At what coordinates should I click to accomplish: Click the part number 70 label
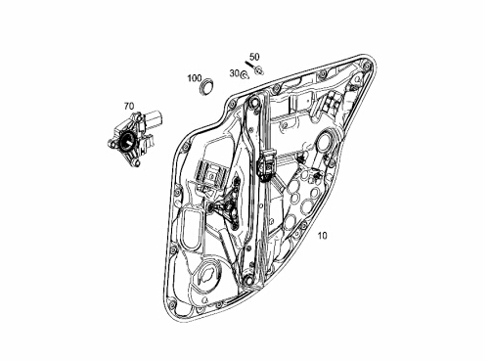(x=129, y=106)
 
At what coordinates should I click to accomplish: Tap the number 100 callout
(x=195, y=78)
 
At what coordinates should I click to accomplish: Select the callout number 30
(x=234, y=73)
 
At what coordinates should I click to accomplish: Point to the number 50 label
(x=255, y=57)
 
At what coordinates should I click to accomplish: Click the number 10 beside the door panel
(x=322, y=236)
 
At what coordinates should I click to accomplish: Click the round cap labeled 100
(x=206, y=87)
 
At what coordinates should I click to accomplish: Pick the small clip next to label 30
(x=244, y=76)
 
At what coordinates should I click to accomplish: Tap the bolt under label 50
(x=254, y=68)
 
